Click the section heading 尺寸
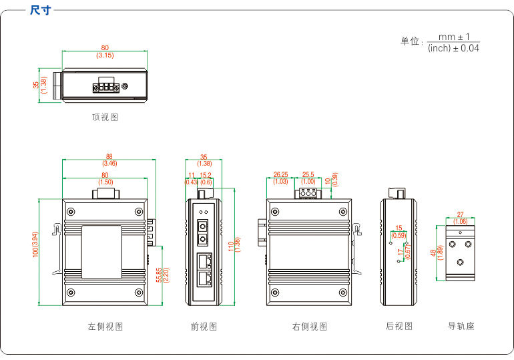(x=41, y=10)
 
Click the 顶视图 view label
(x=105, y=117)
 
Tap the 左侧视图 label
(x=105, y=327)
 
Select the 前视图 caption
(x=204, y=327)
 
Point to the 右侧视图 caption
(x=310, y=327)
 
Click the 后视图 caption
(x=399, y=326)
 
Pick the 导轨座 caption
(x=461, y=326)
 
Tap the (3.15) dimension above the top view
(x=105, y=55)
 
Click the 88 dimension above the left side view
(x=109, y=156)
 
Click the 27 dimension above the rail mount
(x=460, y=214)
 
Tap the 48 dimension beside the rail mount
(x=433, y=253)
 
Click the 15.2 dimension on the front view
(x=206, y=175)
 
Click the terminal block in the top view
(x=105, y=85)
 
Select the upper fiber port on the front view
(x=204, y=224)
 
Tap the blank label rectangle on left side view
(x=101, y=251)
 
